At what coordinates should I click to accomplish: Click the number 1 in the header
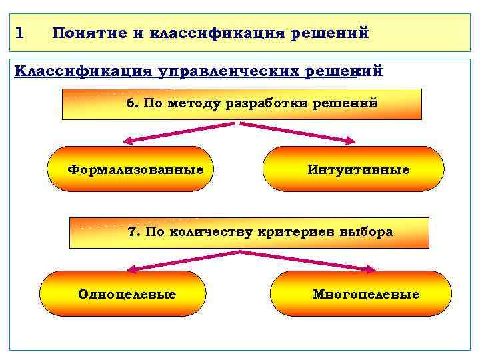click(x=19, y=32)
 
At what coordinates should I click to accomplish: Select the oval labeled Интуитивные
click(x=353, y=169)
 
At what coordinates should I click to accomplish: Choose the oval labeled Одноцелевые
click(x=123, y=294)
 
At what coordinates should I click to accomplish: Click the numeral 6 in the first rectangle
click(x=131, y=103)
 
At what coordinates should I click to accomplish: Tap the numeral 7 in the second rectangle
click(x=133, y=232)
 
